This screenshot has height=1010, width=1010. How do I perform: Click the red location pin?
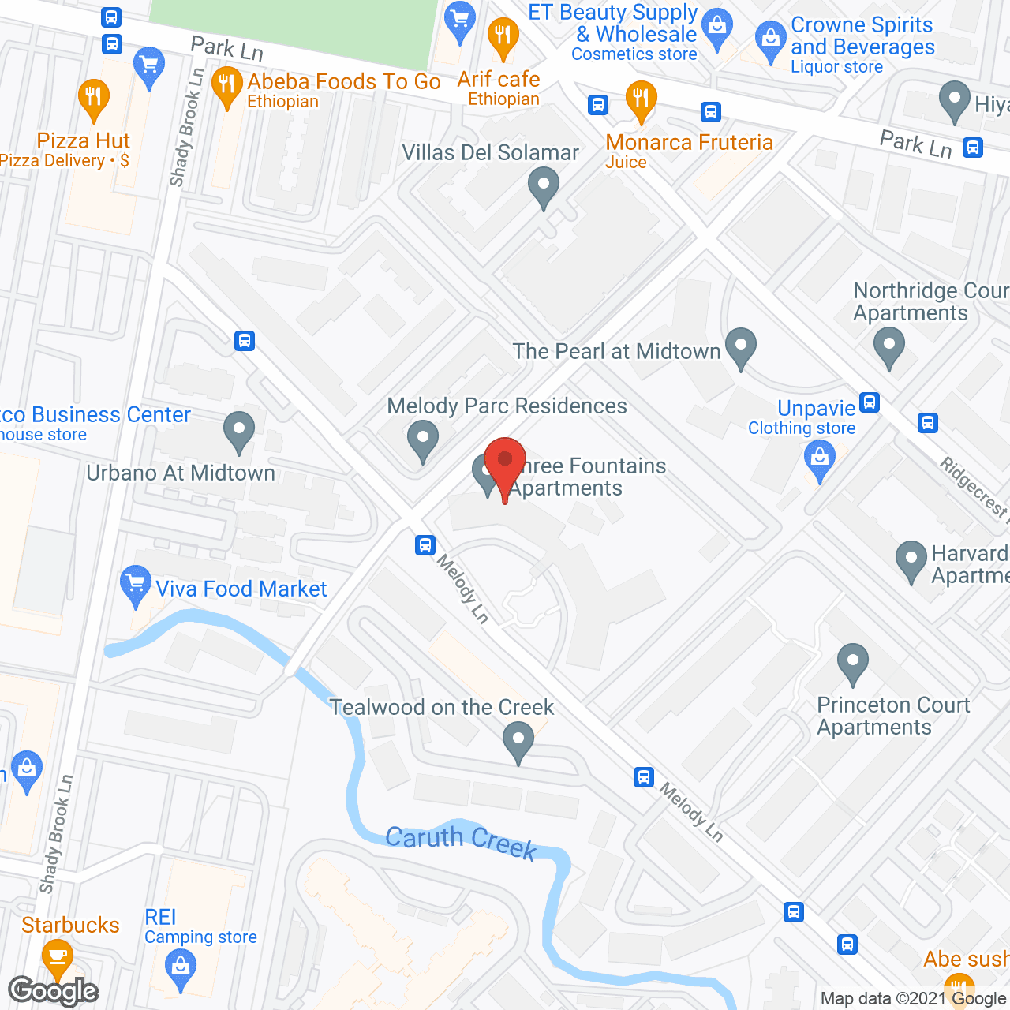(505, 461)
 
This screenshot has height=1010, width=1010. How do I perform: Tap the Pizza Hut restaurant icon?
(94, 98)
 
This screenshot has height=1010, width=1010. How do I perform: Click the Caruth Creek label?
(461, 841)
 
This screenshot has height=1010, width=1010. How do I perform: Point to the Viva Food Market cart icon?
(136, 584)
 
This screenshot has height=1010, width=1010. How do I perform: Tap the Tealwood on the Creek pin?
(518, 742)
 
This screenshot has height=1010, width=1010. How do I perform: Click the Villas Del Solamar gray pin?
(543, 189)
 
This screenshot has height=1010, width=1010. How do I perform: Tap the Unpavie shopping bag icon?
(820, 457)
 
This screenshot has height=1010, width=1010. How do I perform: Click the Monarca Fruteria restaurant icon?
(641, 99)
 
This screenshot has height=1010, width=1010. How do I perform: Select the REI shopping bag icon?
(181, 966)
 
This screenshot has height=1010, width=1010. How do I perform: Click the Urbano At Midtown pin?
(238, 430)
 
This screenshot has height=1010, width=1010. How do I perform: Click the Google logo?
(53, 991)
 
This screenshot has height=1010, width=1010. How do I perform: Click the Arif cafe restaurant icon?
(503, 36)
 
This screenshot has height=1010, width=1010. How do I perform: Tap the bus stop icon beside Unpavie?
(870, 402)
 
